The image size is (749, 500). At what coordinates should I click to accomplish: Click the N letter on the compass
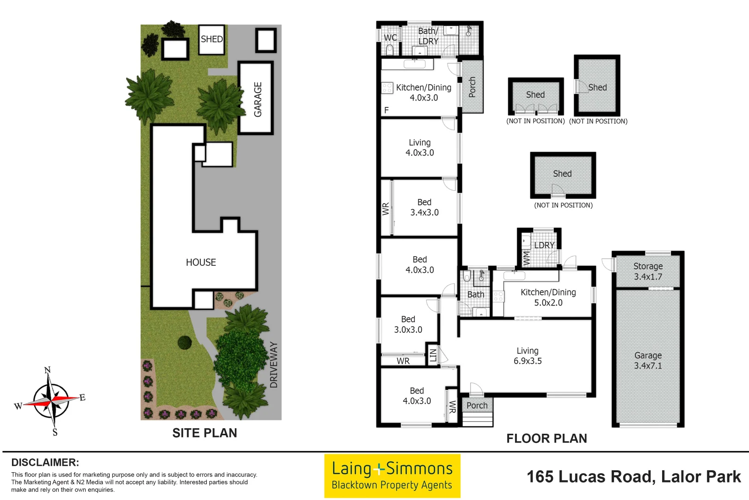tap(47, 370)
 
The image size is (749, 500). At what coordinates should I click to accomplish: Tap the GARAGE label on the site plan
tap(258, 99)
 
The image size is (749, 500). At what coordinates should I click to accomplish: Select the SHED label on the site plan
tap(212, 39)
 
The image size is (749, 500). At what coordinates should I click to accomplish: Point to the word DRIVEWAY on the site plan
tap(274, 365)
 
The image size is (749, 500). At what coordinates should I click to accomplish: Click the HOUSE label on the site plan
tap(201, 262)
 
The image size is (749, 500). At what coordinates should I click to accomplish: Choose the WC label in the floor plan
tap(390, 37)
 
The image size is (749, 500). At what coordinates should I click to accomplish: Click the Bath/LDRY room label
tap(428, 36)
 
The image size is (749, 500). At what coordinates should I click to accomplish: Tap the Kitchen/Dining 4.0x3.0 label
tap(424, 92)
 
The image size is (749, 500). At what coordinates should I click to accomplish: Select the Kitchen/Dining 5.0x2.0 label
tap(548, 297)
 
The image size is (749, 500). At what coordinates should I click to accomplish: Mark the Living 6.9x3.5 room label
tap(528, 356)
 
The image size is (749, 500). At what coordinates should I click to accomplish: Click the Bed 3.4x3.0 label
tap(424, 207)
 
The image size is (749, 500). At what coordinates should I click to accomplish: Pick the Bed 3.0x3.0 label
tap(408, 324)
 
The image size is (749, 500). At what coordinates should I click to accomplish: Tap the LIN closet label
tap(433, 356)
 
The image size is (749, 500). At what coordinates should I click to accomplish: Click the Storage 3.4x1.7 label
tap(648, 271)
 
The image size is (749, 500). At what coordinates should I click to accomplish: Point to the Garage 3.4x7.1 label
tap(648, 360)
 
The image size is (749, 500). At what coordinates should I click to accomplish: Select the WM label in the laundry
tap(526, 258)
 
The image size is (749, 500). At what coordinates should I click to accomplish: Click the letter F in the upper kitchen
tap(387, 110)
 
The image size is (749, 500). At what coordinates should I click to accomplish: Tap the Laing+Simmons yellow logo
tap(392, 476)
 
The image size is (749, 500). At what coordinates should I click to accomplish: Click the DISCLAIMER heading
tap(45, 462)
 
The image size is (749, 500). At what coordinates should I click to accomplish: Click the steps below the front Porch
tap(478, 420)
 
